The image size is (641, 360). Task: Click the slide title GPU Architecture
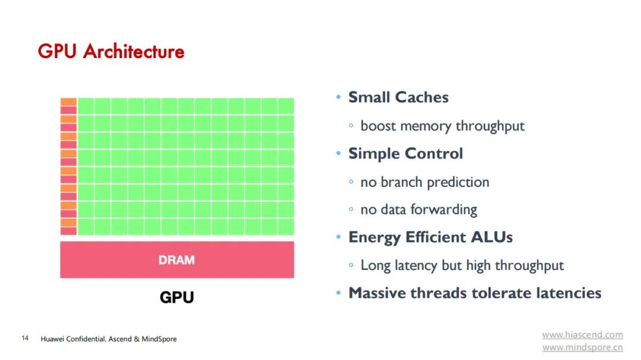111,52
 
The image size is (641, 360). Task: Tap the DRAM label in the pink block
176,260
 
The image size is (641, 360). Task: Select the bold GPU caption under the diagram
177,297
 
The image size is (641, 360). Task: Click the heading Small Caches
398,97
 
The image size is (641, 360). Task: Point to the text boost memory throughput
442,126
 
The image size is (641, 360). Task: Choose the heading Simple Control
405,154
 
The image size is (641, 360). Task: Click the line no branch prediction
424,182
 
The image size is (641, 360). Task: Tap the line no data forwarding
418,209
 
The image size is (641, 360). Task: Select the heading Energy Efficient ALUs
430,237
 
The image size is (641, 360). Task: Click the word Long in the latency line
375,265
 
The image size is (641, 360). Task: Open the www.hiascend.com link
582,335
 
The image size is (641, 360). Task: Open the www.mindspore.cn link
582,348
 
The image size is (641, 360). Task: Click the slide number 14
25,339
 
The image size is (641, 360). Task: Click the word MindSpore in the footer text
159,339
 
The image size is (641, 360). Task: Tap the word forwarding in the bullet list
447,209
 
